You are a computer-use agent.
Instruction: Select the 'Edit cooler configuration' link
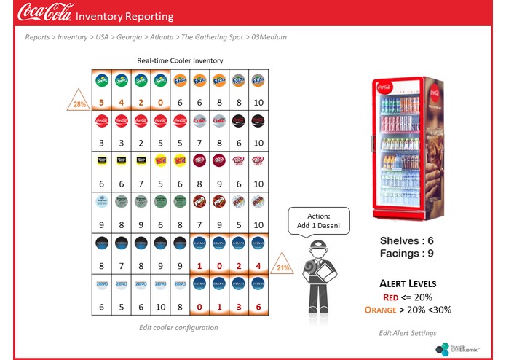tap(178, 328)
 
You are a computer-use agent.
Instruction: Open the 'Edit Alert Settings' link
tap(408, 333)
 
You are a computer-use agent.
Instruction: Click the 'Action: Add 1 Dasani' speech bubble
tap(319, 220)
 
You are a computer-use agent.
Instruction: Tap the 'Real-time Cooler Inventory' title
tap(180, 60)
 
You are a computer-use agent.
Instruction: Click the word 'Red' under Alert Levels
tap(391, 297)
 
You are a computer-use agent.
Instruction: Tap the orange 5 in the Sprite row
tap(101, 103)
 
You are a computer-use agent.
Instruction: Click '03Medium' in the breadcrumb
tap(266, 36)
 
